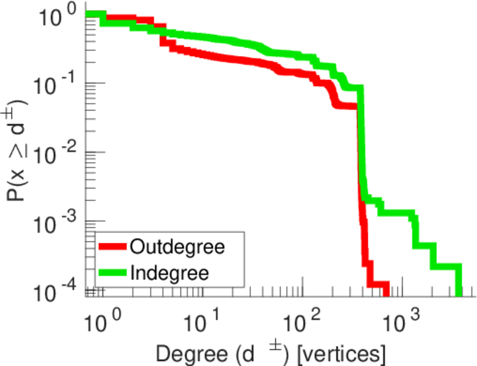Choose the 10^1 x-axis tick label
203,318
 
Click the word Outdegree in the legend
178,247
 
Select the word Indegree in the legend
169,272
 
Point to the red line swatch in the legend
113,247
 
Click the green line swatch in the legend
113,273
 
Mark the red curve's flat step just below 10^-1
345,106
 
